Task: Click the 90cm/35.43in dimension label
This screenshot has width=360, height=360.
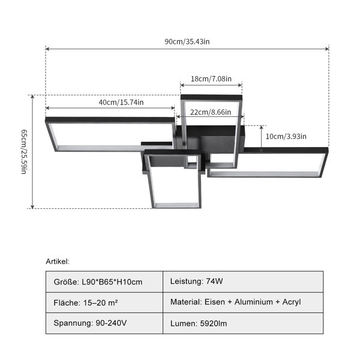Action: coord(187,41)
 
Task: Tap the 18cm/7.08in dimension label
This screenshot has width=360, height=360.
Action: coord(211,79)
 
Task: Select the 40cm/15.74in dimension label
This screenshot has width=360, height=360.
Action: coord(121,102)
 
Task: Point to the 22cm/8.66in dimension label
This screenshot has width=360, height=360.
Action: coord(211,112)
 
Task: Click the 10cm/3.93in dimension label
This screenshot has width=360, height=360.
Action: coord(286,136)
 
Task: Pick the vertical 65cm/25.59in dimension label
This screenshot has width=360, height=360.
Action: coord(24,152)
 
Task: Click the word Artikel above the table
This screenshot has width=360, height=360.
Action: coord(58,261)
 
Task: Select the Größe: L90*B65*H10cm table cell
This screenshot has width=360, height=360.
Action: coord(104,282)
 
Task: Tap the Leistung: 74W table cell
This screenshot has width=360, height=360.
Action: coord(243,282)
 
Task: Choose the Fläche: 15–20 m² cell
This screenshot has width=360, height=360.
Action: coord(104,302)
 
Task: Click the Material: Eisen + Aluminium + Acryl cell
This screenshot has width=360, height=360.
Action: coord(243,302)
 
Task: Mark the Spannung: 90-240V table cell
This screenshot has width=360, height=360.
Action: coord(104,323)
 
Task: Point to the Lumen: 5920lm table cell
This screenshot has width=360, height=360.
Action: coord(243,323)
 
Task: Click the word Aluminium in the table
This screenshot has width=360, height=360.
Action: coord(253,302)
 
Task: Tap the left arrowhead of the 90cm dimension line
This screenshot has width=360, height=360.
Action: coord(47,49)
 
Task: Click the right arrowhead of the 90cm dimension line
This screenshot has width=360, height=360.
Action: coord(327,49)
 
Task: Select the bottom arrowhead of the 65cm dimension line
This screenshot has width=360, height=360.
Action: coord(32,206)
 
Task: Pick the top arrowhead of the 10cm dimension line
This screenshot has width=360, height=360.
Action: coord(261,128)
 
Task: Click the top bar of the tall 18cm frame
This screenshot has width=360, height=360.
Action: coord(211,97)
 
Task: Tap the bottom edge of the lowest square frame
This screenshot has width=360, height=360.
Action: coord(176,206)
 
